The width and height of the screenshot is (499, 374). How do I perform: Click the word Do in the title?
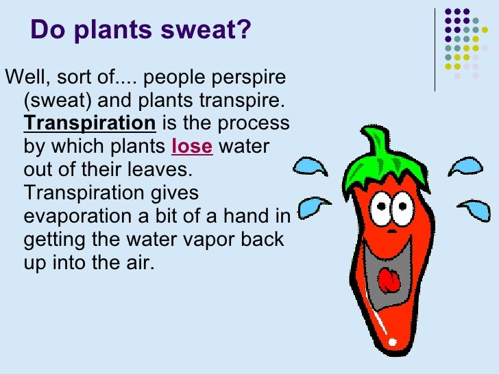coord(46,31)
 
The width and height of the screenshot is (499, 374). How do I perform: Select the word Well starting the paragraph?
coord(21,77)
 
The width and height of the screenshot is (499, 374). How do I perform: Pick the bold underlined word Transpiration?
coord(90,123)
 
